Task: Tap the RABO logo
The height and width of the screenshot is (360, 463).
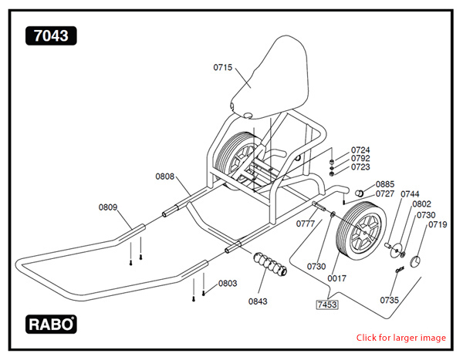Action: pos(51,324)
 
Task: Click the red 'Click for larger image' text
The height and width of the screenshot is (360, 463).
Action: pos(400,338)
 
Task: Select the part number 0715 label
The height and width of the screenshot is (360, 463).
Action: pos(223,68)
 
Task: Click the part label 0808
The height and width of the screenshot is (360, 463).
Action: pos(164,177)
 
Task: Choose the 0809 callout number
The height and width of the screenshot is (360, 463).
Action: pos(108,207)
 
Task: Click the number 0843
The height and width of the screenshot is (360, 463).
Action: pos(258,301)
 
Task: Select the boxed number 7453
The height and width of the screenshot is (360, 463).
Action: pos(327,304)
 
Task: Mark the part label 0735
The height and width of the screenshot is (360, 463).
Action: pos(390,299)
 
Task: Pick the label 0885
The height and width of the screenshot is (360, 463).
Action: pos(385,184)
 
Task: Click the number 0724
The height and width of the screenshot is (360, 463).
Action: pos(360,150)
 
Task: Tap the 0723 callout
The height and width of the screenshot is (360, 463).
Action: pos(360,167)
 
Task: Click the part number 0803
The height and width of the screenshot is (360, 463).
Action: pos(227,284)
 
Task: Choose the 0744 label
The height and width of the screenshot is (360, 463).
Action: pos(410,194)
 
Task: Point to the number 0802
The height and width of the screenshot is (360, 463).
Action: pos(421,204)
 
